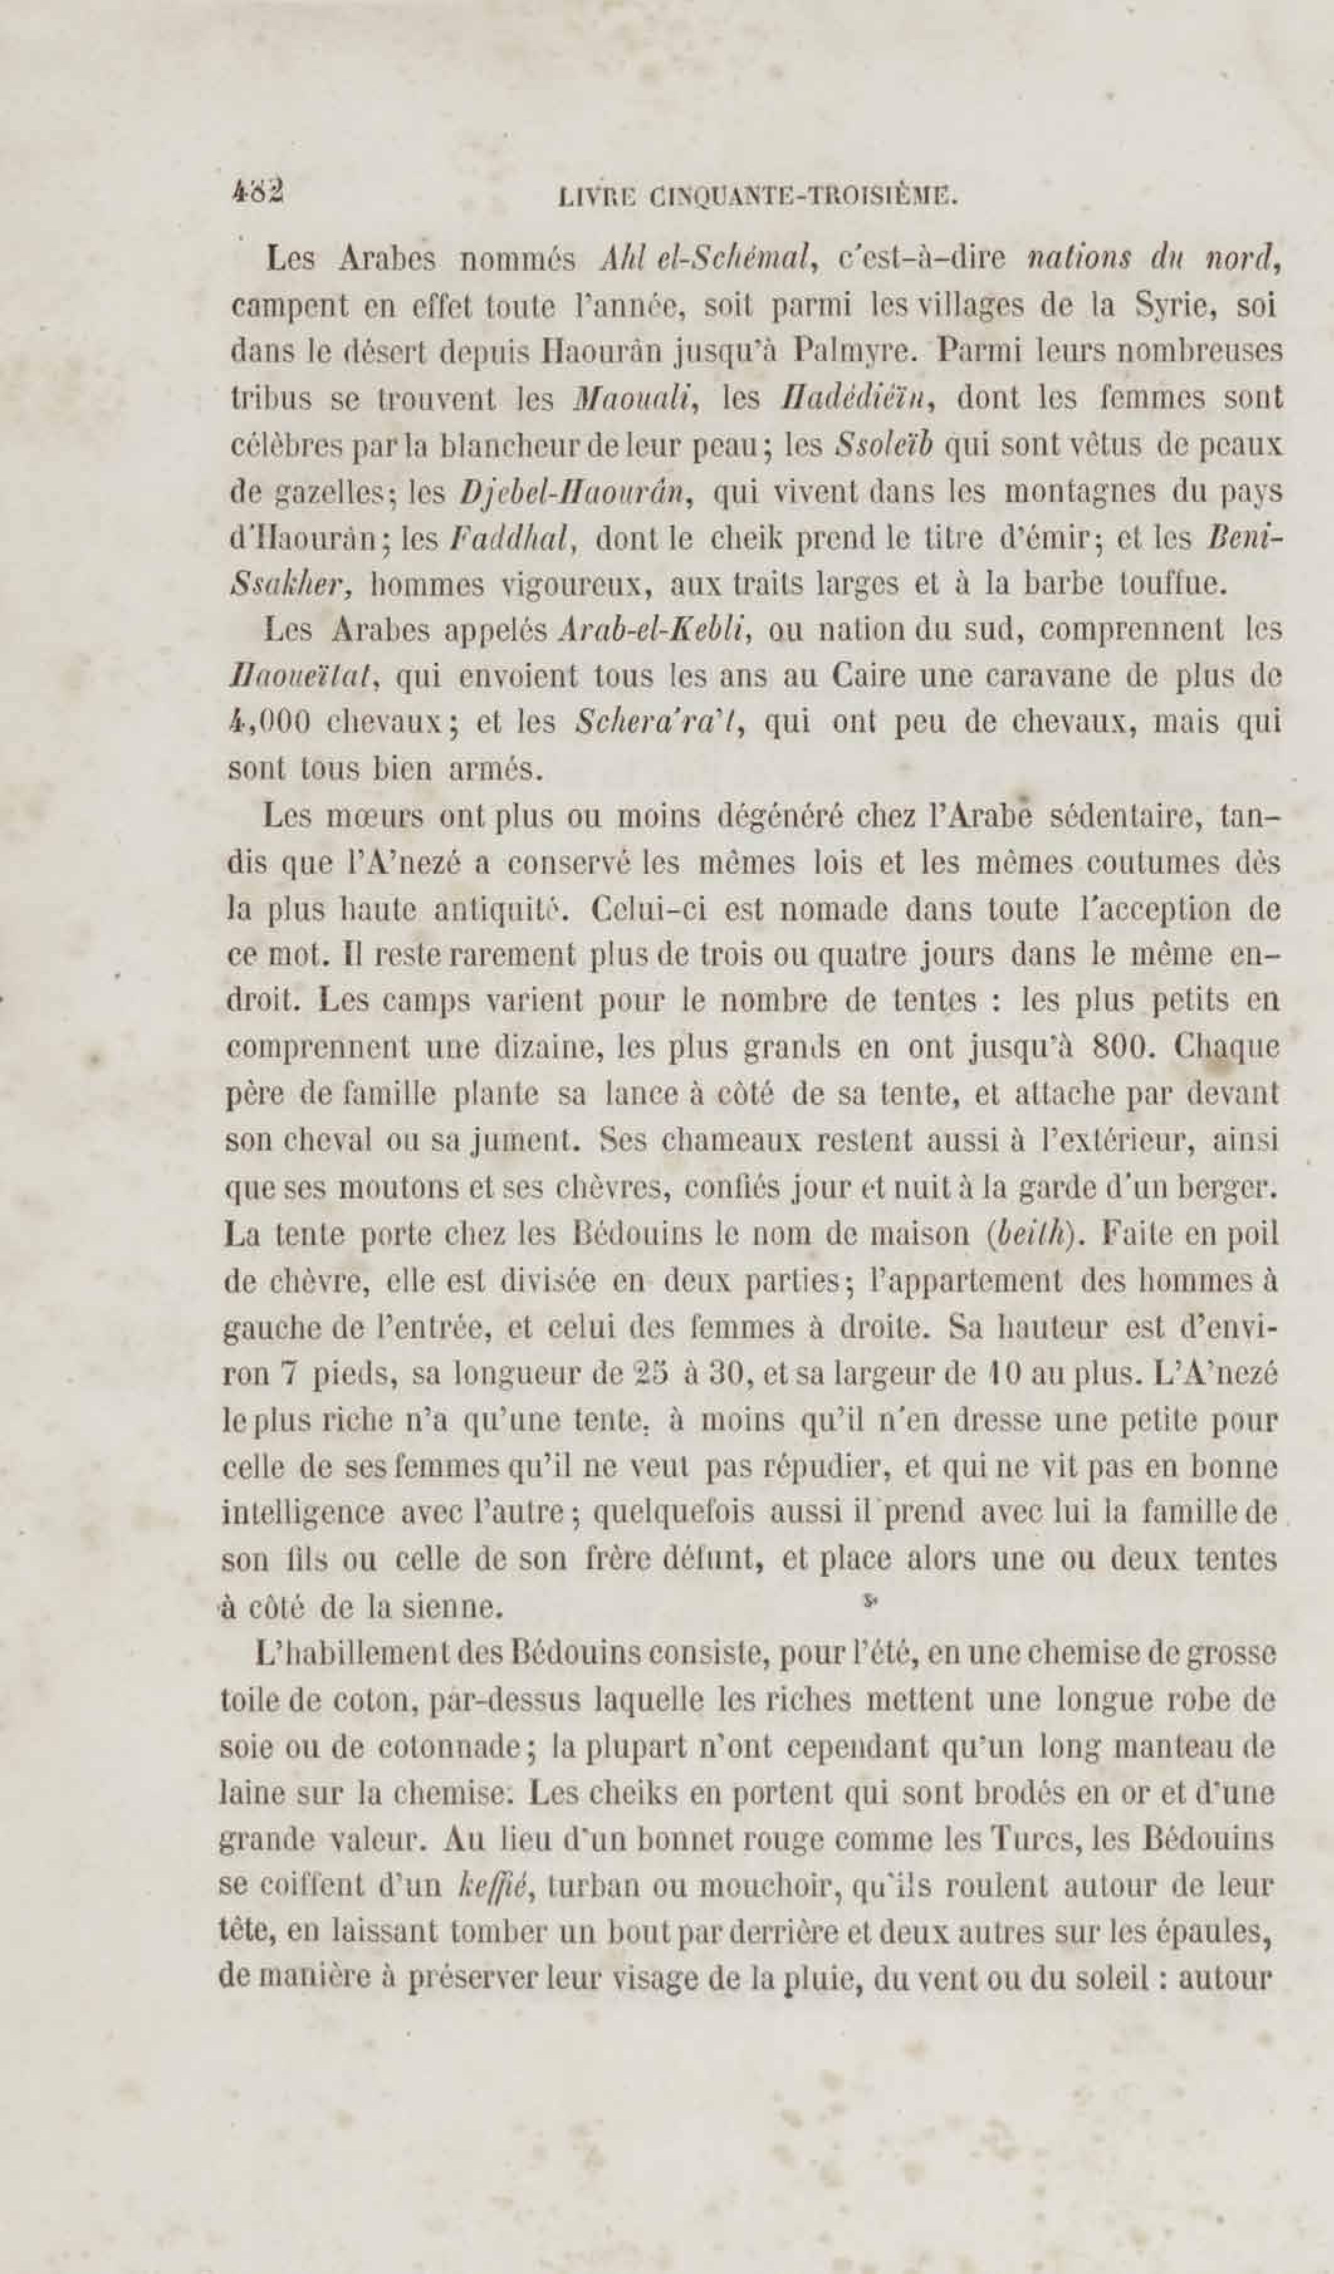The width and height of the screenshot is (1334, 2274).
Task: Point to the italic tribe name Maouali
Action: (637, 399)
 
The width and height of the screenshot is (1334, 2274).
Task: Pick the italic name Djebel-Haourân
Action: (576, 492)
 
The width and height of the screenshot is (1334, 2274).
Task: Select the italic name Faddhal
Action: (511, 540)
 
